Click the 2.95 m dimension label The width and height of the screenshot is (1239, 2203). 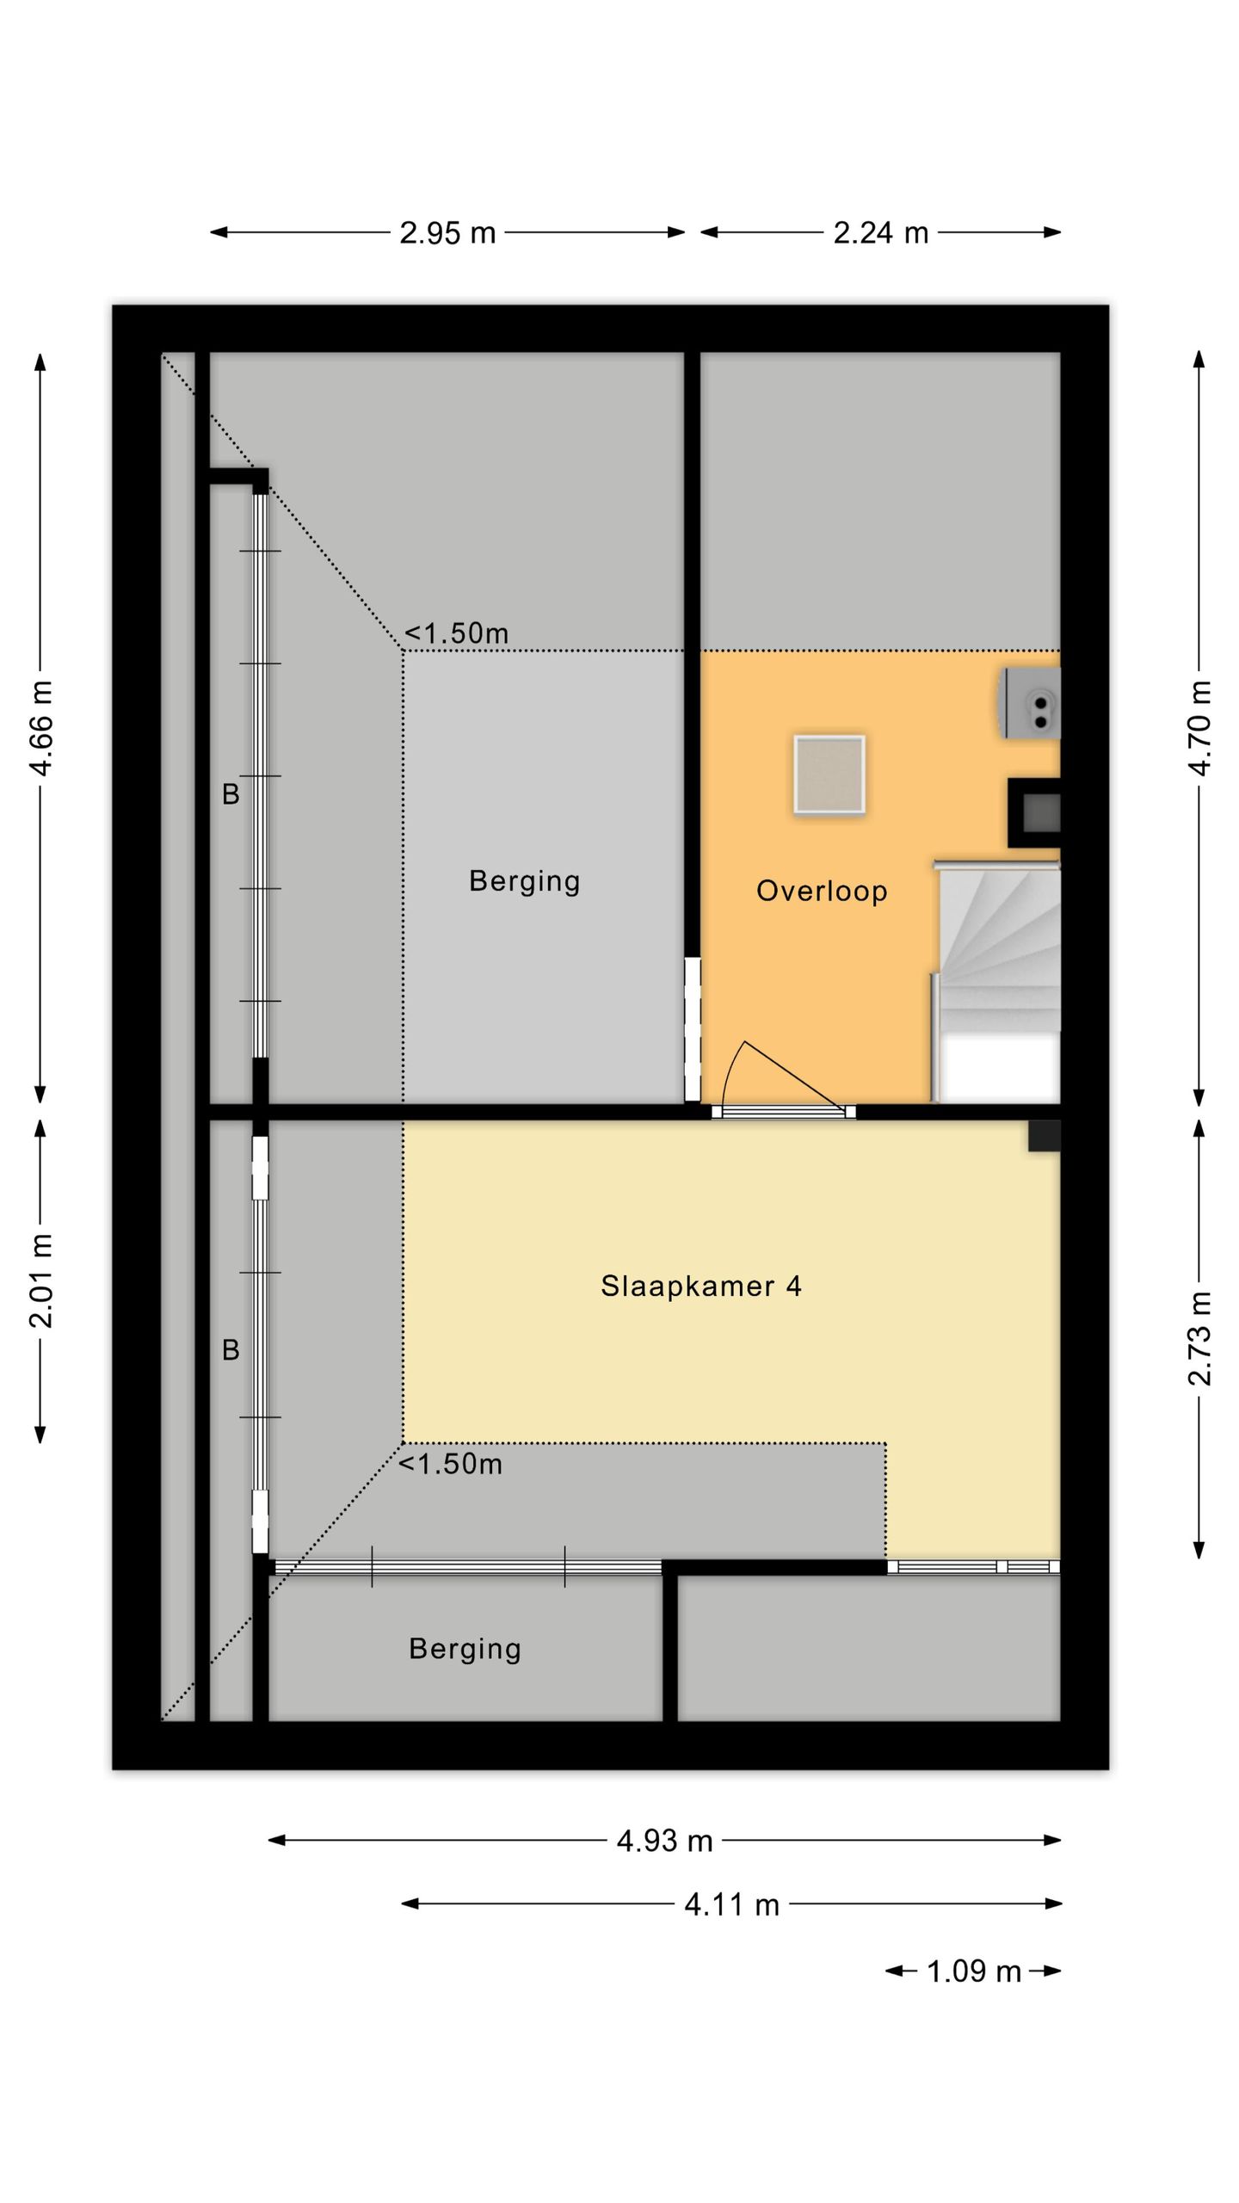447,233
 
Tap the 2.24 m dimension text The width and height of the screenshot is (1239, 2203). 880,233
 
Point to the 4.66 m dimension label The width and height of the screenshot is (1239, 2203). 41,728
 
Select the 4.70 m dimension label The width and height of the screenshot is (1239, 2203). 1200,728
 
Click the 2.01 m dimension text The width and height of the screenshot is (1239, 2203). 41,1280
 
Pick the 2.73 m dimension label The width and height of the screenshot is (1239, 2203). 1200,1338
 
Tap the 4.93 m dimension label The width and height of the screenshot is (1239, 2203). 665,1841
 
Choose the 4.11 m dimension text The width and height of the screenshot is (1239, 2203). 732,1904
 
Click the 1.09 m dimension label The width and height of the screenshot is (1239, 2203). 973,1971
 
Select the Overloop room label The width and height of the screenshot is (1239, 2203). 822,891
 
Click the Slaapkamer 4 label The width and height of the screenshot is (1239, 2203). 701,1287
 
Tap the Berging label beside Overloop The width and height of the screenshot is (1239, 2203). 525,881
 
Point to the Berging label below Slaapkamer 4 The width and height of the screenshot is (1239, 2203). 465,1649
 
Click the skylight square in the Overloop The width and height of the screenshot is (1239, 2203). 829,774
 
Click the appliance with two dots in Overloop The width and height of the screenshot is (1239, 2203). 1030,703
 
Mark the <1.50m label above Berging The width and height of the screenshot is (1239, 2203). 456,633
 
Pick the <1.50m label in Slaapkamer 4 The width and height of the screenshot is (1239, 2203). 450,1464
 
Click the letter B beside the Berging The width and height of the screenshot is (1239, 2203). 231,794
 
